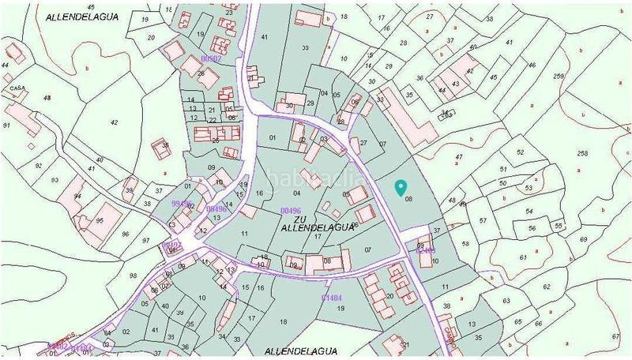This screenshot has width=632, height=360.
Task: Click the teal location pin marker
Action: (x=401, y=187)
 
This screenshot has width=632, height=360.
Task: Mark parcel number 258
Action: (x=583, y=152)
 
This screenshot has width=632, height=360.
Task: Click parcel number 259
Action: (x=559, y=76)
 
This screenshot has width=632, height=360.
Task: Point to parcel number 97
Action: (x=146, y=240)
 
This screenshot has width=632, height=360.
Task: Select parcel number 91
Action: (x=6, y=126)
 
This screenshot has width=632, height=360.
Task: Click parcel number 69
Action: (x=583, y=239)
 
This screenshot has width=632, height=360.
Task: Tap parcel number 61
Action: (x=523, y=257)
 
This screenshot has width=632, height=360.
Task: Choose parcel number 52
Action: (x=520, y=152)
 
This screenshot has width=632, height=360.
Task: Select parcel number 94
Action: (x=77, y=196)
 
